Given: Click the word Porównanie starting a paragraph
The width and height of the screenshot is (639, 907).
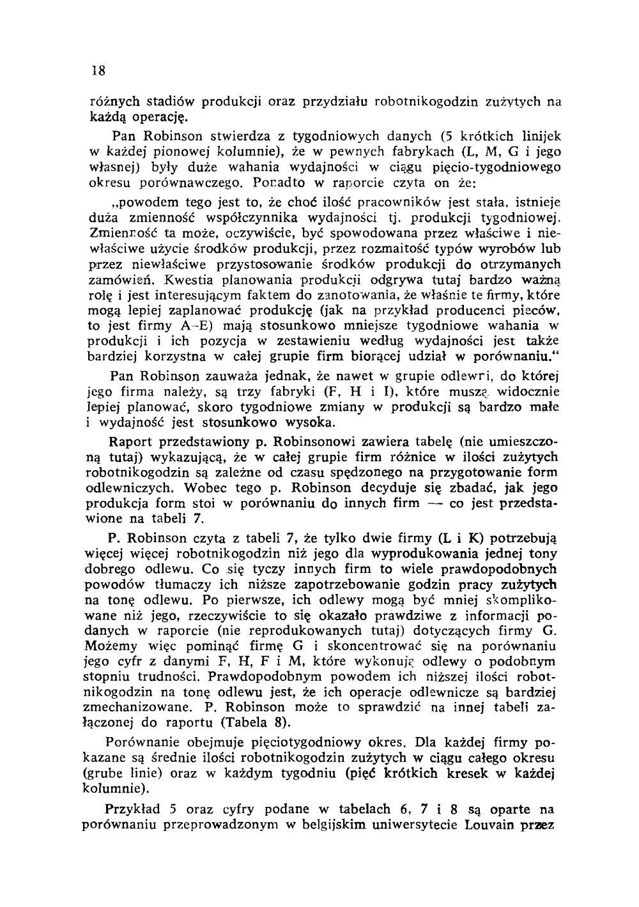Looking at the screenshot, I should point(145,743).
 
